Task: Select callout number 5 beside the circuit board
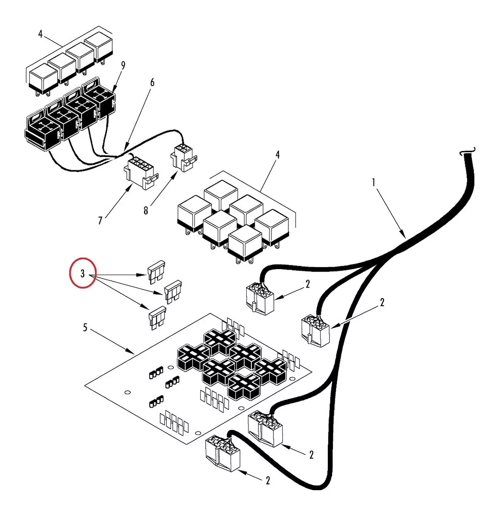pyautogui.click(x=85, y=328)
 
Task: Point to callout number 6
pyautogui.click(x=152, y=83)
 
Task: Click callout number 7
pyautogui.click(x=100, y=221)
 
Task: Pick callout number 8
pyautogui.click(x=146, y=211)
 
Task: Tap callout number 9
pyautogui.click(x=123, y=66)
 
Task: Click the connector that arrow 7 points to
pyautogui.click(x=140, y=172)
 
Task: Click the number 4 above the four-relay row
pyautogui.click(x=40, y=34)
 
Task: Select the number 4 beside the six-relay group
pyautogui.click(x=278, y=155)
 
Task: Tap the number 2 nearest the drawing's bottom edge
pyautogui.click(x=268, y=481)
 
